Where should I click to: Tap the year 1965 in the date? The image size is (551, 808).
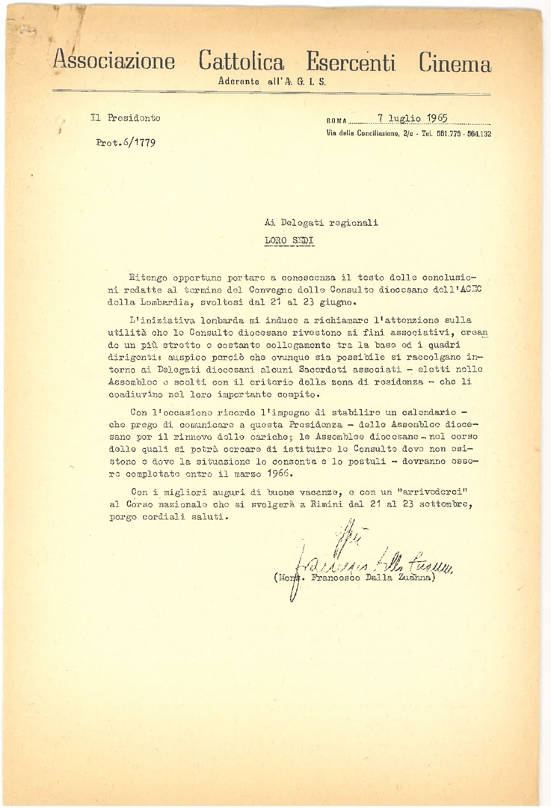(434, 117)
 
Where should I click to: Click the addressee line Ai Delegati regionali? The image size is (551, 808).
(321, 222)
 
